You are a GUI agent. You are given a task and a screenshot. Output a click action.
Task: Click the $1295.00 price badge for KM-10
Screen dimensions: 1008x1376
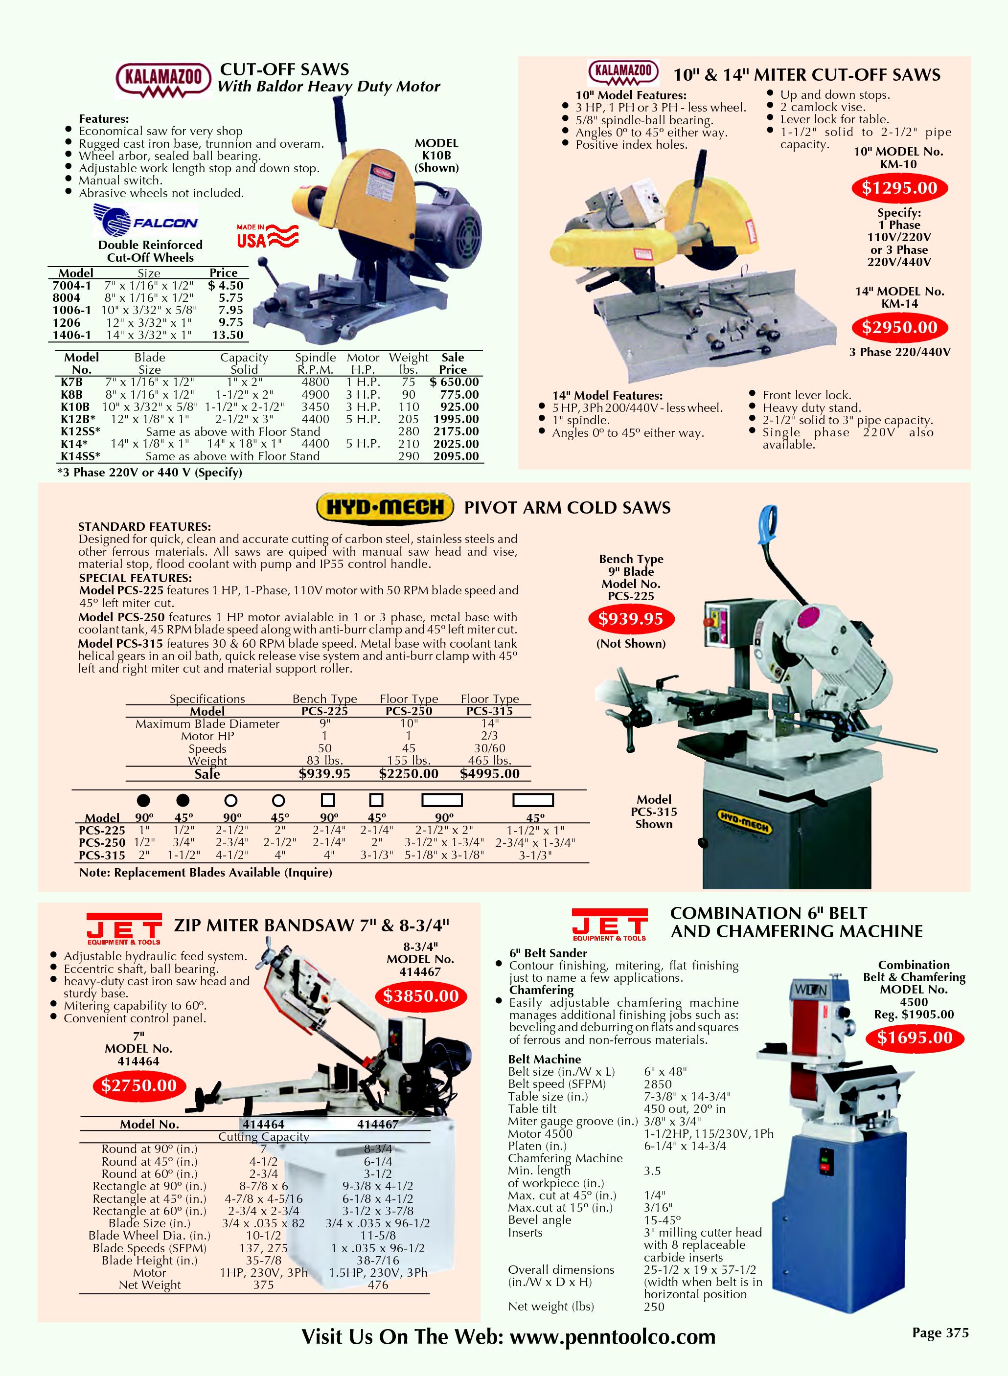tap(899, 188)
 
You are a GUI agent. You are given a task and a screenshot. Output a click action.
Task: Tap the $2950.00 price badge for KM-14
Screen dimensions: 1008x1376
tap(899, 328)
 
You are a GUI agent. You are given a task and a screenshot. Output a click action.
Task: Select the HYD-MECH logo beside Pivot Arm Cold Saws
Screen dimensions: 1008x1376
tap(385, 507)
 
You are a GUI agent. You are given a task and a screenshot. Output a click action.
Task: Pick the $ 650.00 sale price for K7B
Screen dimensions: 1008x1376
tap(454, 383)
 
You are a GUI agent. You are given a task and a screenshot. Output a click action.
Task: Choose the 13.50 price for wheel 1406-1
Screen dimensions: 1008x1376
tap(228, 335)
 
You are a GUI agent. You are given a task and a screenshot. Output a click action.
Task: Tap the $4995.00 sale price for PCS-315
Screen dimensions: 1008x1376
tap(489, 774)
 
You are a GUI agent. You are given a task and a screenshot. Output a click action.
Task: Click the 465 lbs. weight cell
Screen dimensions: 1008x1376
tap(489, 761)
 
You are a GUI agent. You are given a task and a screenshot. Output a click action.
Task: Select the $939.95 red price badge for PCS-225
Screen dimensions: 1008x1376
tap(630, 619)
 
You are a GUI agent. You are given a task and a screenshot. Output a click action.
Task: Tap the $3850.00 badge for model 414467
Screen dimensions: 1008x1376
tap(420, 996)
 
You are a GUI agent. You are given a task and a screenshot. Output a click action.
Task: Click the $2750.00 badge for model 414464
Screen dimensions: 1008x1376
tap(138, 1085)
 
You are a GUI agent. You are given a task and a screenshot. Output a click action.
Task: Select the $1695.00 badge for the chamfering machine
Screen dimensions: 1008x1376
tap(914, 1038)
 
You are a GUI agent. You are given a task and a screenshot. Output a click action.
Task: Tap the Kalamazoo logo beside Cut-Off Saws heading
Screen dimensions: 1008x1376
tap(163, 80)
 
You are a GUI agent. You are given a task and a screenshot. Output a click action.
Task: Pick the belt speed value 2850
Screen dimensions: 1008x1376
tap(658, 1084)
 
